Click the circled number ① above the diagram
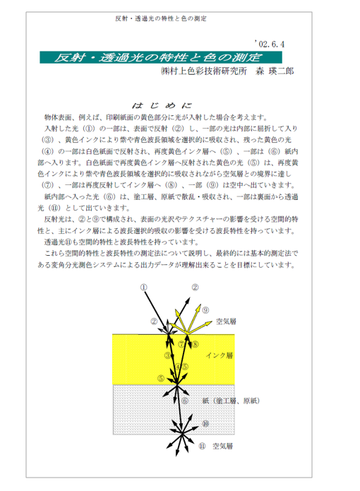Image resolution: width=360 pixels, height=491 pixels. point(143,287)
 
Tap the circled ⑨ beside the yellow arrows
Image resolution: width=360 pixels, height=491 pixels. point(205,310)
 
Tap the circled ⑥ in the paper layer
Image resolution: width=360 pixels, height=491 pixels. point(185,401)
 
